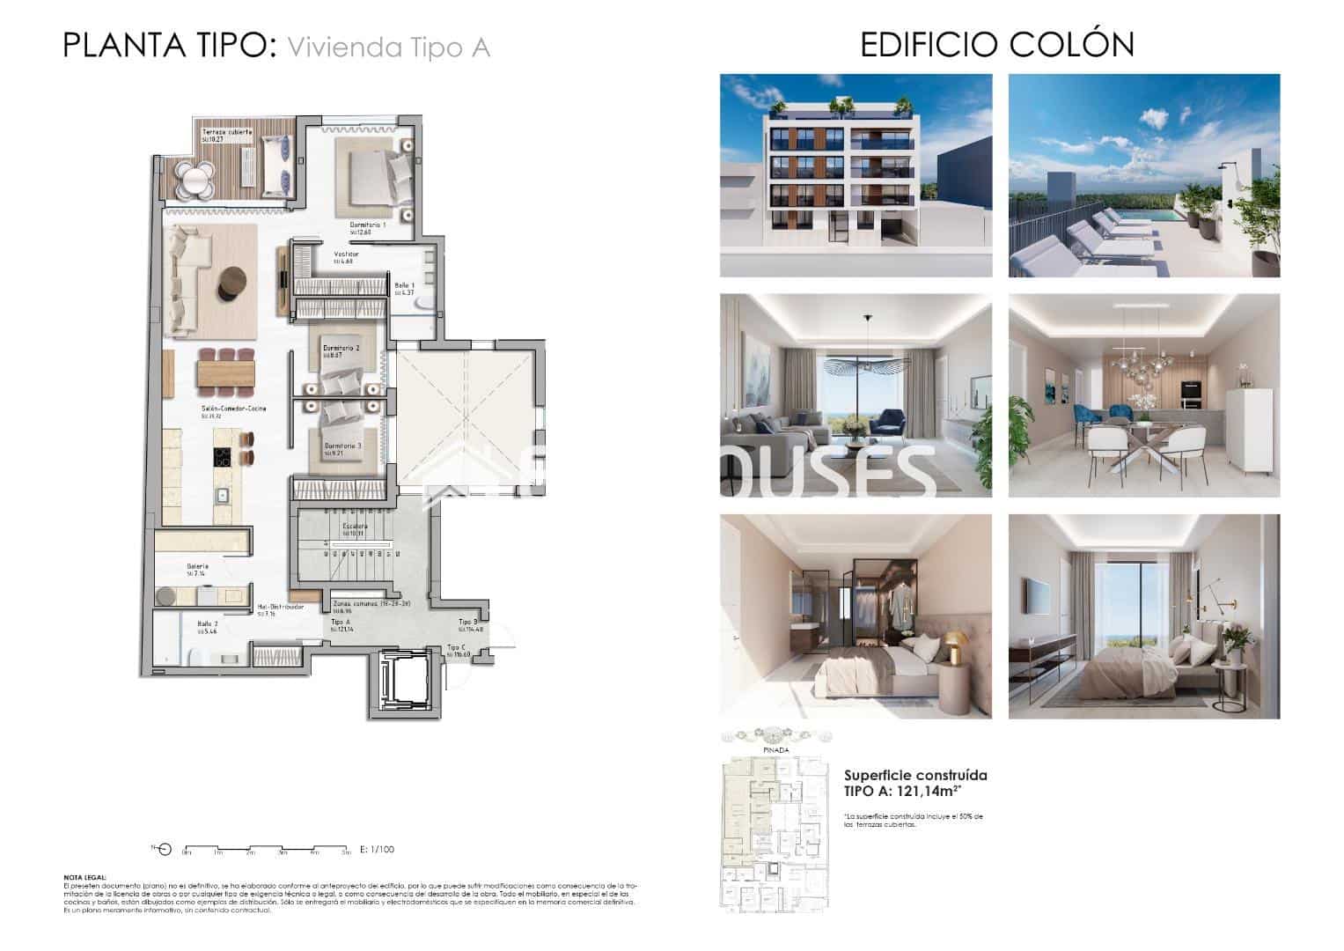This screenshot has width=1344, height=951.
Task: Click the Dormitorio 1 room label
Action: point(368,225)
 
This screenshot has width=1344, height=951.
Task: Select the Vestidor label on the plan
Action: point(346,254)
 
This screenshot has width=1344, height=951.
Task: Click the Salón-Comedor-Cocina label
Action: point(233,409)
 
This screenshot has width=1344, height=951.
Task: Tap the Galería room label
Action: point(197,566)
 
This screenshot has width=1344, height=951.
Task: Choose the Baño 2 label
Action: point(208,623)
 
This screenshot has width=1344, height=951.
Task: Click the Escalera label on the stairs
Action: point(355,527)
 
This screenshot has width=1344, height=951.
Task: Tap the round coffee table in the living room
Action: point(231,283)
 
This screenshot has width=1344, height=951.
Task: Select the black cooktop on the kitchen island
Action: point(222,457)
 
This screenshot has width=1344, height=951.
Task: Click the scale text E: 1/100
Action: point(378,850)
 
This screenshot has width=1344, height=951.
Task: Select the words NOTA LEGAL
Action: point(85,878)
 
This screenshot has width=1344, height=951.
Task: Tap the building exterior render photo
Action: point(856,175)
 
